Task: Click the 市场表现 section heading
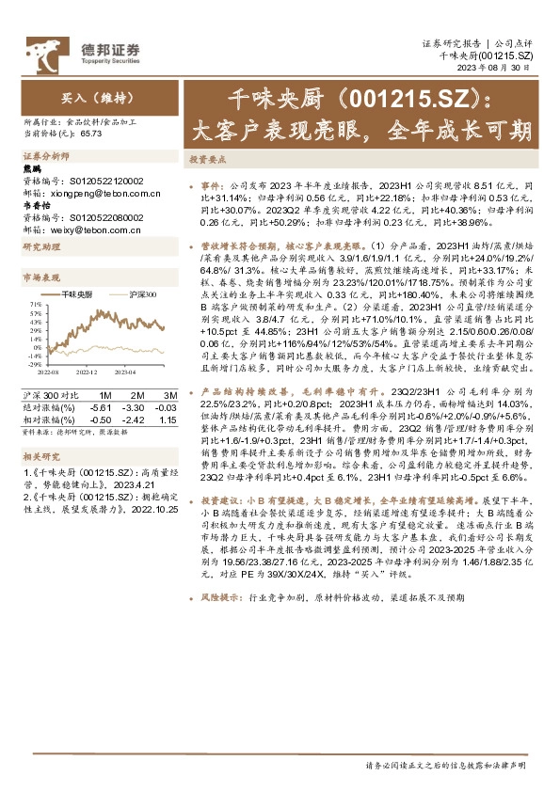pyautogui.click(x=41, y=278)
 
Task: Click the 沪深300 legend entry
pyautogui.click(x=140, y=294)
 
